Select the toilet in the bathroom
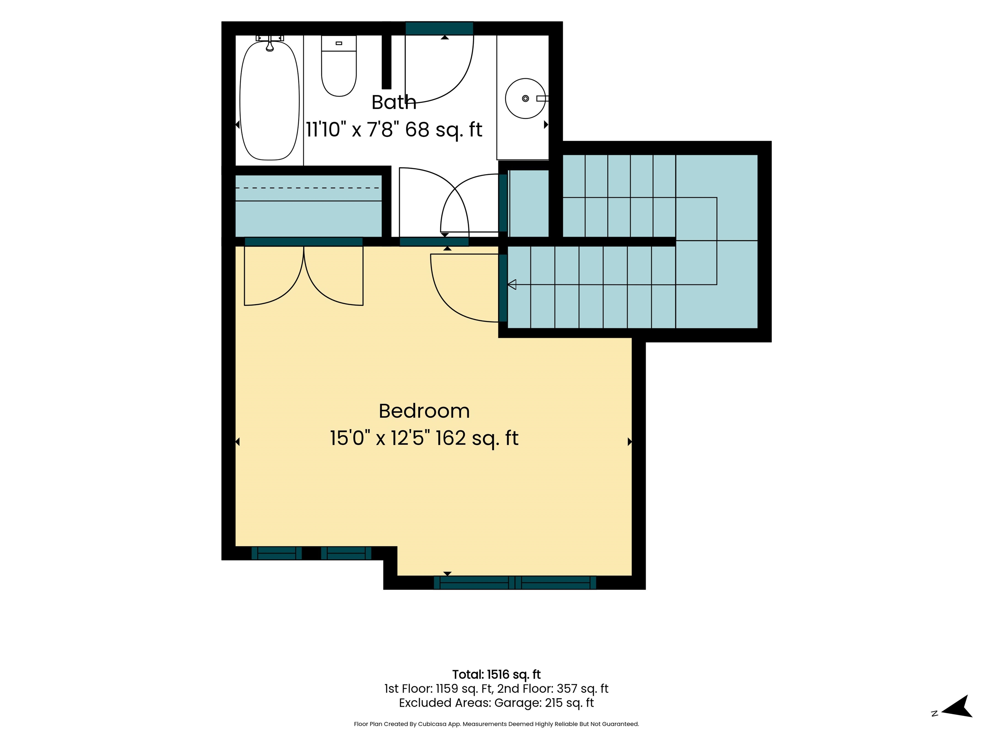[339, 66]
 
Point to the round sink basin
[525, 99]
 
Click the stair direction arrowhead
[512, 284]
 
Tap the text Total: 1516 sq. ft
[496, 675]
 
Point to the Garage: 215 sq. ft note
[544, 703]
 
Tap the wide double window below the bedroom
[515, 583]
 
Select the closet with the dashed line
[308, 206]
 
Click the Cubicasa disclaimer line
[496, 724]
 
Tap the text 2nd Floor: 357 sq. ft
[553, 688]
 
